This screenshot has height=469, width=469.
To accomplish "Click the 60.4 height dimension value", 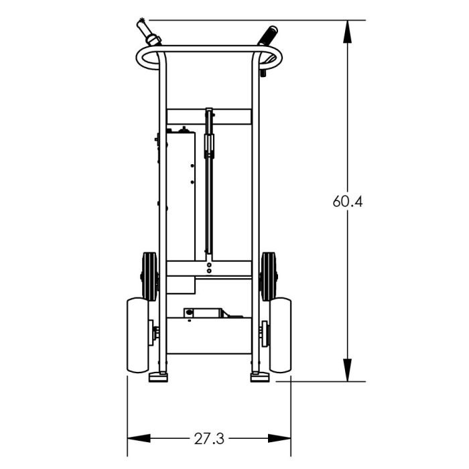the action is point(348,201).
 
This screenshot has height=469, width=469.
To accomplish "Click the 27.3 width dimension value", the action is point(209,439).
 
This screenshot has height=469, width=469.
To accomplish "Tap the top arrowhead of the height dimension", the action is point(347,31).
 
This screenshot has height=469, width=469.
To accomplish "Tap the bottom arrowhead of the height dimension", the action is point(347,370).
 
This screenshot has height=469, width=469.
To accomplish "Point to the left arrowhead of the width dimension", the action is point(139,438).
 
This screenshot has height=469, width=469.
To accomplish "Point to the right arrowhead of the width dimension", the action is point(279,438).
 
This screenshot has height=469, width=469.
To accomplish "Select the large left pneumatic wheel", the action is point(137,335).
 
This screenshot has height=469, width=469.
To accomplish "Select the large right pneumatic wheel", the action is point(281,335).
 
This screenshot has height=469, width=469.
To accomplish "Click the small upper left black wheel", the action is point(149,277).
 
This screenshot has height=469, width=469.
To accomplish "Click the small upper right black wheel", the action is point(268,277).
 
